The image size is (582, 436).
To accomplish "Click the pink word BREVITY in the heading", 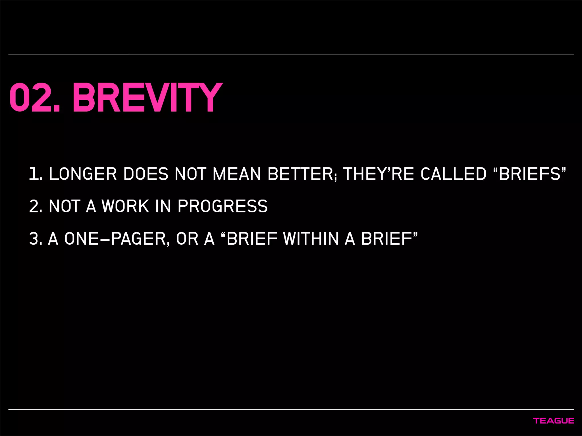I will [x=147, y=98].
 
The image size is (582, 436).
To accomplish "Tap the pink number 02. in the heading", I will [x=35, y=98].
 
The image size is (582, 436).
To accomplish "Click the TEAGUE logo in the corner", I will [x=554, y=421].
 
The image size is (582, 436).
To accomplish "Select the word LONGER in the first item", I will [x=83, y=174].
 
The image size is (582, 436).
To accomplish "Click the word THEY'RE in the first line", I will [x=379, y=174].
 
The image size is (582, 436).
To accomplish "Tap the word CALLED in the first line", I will [x=453, y=174].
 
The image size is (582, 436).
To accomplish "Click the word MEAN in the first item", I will [x=236, y=174].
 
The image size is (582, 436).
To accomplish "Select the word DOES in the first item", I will [x=146, y=174].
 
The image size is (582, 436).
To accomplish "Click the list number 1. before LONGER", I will [x=36, y=174].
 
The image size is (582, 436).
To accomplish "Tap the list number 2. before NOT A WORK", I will [x=36, y=206].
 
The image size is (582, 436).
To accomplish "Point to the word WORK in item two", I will [x=125, y=206].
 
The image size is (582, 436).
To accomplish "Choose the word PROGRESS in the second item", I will [x=223, y=206].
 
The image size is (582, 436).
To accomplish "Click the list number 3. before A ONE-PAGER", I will [x=36, y=238].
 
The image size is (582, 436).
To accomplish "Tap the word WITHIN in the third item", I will [x=311, y=238].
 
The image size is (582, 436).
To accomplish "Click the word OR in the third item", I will [x=187, y=238].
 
